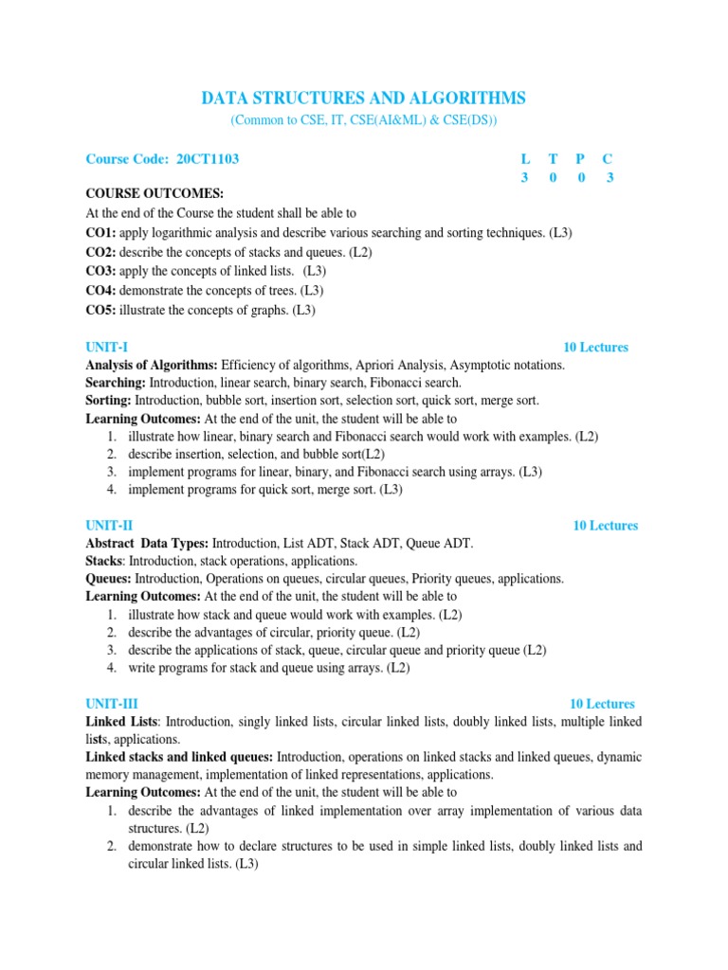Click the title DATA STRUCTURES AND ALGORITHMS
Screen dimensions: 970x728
coord(364,99)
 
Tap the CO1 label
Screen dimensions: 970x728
coord(100,233)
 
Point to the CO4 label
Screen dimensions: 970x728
coord(100,291)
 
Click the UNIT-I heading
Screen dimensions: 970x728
coord(107,348)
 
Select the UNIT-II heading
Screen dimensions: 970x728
coord(110,526)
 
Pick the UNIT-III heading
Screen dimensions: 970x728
coord(112,704)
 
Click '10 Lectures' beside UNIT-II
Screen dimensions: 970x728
coord(605,526)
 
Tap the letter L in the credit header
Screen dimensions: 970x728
coord(525,159)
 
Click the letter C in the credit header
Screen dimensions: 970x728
coord(610,159)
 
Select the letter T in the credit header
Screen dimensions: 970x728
coord(553,159)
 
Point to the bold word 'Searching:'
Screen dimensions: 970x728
coord(115,383)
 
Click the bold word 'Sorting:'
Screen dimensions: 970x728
coord(109,401)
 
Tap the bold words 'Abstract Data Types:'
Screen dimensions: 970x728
coord(147,544)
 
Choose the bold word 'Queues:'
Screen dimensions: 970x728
coord(109,579)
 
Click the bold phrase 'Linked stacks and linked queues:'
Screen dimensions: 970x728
coord(179,757)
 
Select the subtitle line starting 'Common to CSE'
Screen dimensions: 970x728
coord(364,121)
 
